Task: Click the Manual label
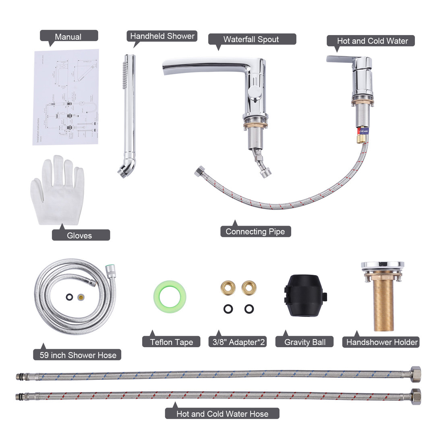click(x=68, y=37)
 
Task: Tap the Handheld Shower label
click(x=162, y=36)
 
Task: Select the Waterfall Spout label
click(x=251, y=39)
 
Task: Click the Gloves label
click(x=80, y=235)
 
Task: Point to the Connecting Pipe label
click(x=255, y=231)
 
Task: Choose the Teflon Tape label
click(x=172, y=342)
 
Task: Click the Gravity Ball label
click(x=305, y=342)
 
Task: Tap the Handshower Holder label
click(x=382, y=342)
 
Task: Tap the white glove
click(x=58, y=191)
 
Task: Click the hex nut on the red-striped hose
click(x=416, y=397)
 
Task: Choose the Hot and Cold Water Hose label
click(x=222, y=413)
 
